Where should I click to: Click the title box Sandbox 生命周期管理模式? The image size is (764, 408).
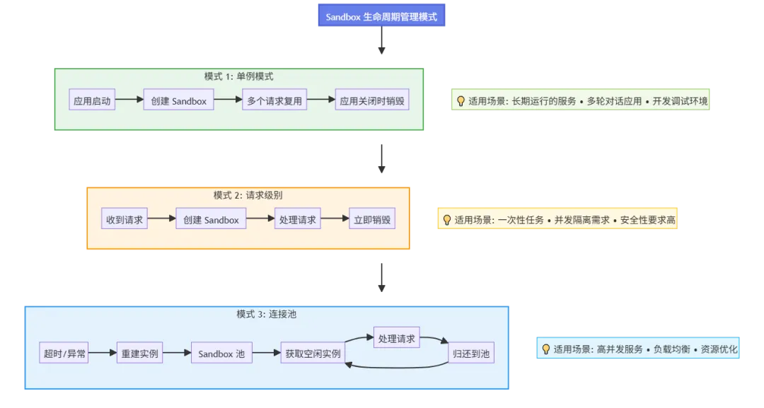coord(381,16)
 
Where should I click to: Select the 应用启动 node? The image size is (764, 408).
coord(92,100)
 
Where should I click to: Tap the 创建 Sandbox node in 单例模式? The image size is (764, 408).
coord(178,100)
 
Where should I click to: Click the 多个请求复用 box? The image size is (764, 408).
coord(274,100)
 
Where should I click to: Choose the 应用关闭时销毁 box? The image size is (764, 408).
coord(372,100)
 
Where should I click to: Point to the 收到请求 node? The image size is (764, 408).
coord(125,219)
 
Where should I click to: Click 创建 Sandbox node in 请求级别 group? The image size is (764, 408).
coord(211,219)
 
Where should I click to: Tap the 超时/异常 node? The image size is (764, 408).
coord(64,353)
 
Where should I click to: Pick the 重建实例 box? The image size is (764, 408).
coord(139,353)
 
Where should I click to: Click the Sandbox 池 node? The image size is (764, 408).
coord(221,353)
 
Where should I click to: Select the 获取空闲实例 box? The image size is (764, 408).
coord(312,353)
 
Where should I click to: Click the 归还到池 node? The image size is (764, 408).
coord(471,353)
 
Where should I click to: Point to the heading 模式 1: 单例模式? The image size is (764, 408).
coord(238,76)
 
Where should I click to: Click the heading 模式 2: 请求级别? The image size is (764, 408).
coord(248,195)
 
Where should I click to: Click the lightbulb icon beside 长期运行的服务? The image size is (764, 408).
coord(461,101)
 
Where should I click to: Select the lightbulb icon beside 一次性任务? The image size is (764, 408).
coord(446,220)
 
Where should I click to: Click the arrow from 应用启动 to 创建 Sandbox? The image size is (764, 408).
coord(129,100)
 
